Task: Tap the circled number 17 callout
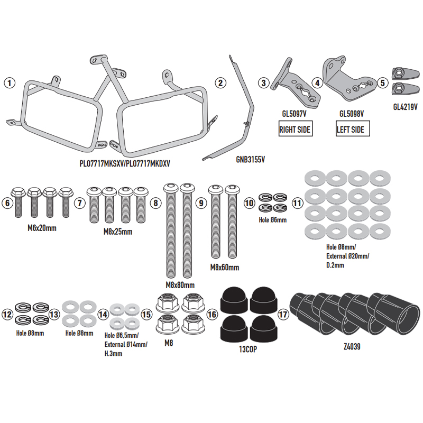[x=283, y=315]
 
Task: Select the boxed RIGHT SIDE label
[x=295, y=128]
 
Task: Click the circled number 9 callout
[x=200, y=203]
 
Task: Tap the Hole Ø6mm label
[x=272, y=219]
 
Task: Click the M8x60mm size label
[x=224, y=267]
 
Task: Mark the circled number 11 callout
[x=297, y=203]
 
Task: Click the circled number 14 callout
[x=103, y=315]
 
